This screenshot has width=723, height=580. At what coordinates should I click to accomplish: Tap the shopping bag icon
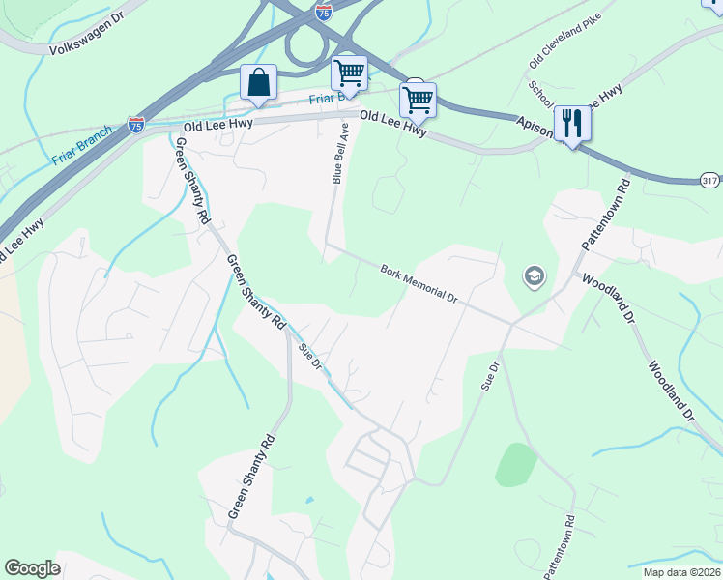tap(258, 83)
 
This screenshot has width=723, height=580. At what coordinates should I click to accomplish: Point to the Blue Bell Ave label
tap(339, 153)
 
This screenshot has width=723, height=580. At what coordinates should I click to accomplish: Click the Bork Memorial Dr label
tap(419, 283)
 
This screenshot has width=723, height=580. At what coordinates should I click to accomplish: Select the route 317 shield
tap(710, 181)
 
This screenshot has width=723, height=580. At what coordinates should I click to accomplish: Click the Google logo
tap(32, 568)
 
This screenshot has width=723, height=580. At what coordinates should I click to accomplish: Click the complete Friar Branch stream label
tap(83, 145)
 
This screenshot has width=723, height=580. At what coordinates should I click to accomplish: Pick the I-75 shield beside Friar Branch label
tap(136, 125)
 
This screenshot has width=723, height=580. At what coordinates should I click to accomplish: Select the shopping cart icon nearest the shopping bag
tap(348, 72)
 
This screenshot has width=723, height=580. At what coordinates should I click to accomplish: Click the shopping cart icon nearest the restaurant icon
tap(418, 99)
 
